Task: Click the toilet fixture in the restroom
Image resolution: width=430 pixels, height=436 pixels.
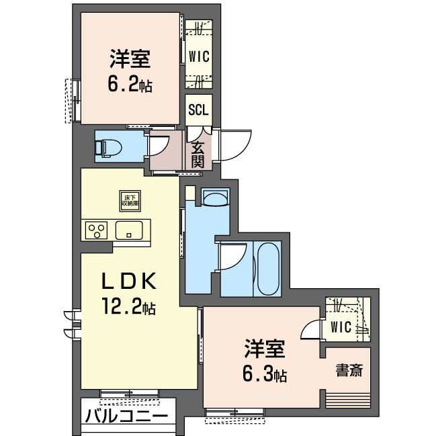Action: point(109,146)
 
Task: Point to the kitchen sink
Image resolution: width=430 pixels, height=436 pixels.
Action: point(128,230)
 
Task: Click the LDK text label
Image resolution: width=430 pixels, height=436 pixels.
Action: point(130,281)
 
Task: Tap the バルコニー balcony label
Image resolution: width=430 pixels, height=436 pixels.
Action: point(126,417)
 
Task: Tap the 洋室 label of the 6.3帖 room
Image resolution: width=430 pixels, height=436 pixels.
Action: point(264,349)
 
